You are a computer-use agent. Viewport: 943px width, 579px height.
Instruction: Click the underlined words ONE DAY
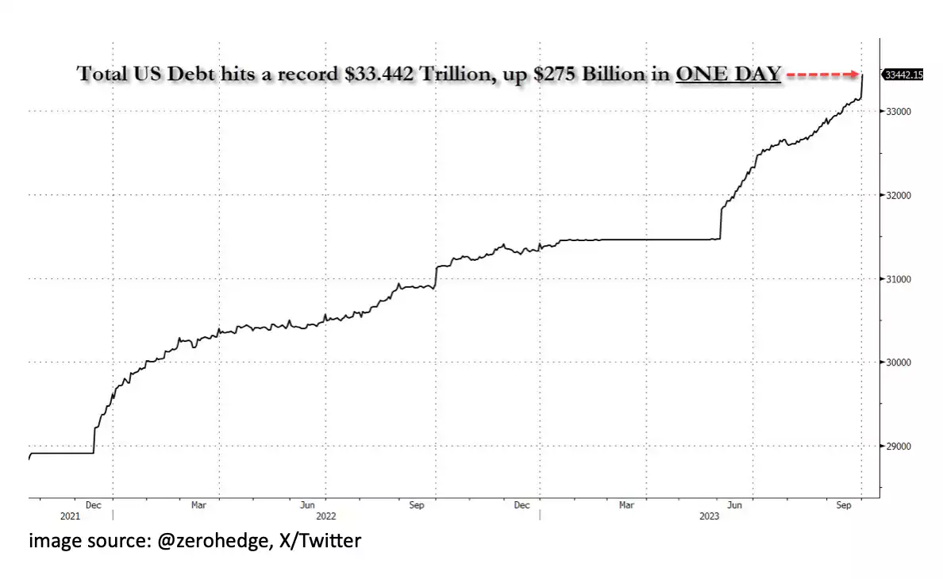728,75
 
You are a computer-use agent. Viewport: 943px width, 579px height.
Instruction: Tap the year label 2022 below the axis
327,516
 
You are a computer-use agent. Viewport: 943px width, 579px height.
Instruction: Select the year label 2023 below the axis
710,516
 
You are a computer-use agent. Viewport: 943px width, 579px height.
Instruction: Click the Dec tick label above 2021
94,504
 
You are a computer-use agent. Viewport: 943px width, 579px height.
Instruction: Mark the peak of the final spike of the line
863,74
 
